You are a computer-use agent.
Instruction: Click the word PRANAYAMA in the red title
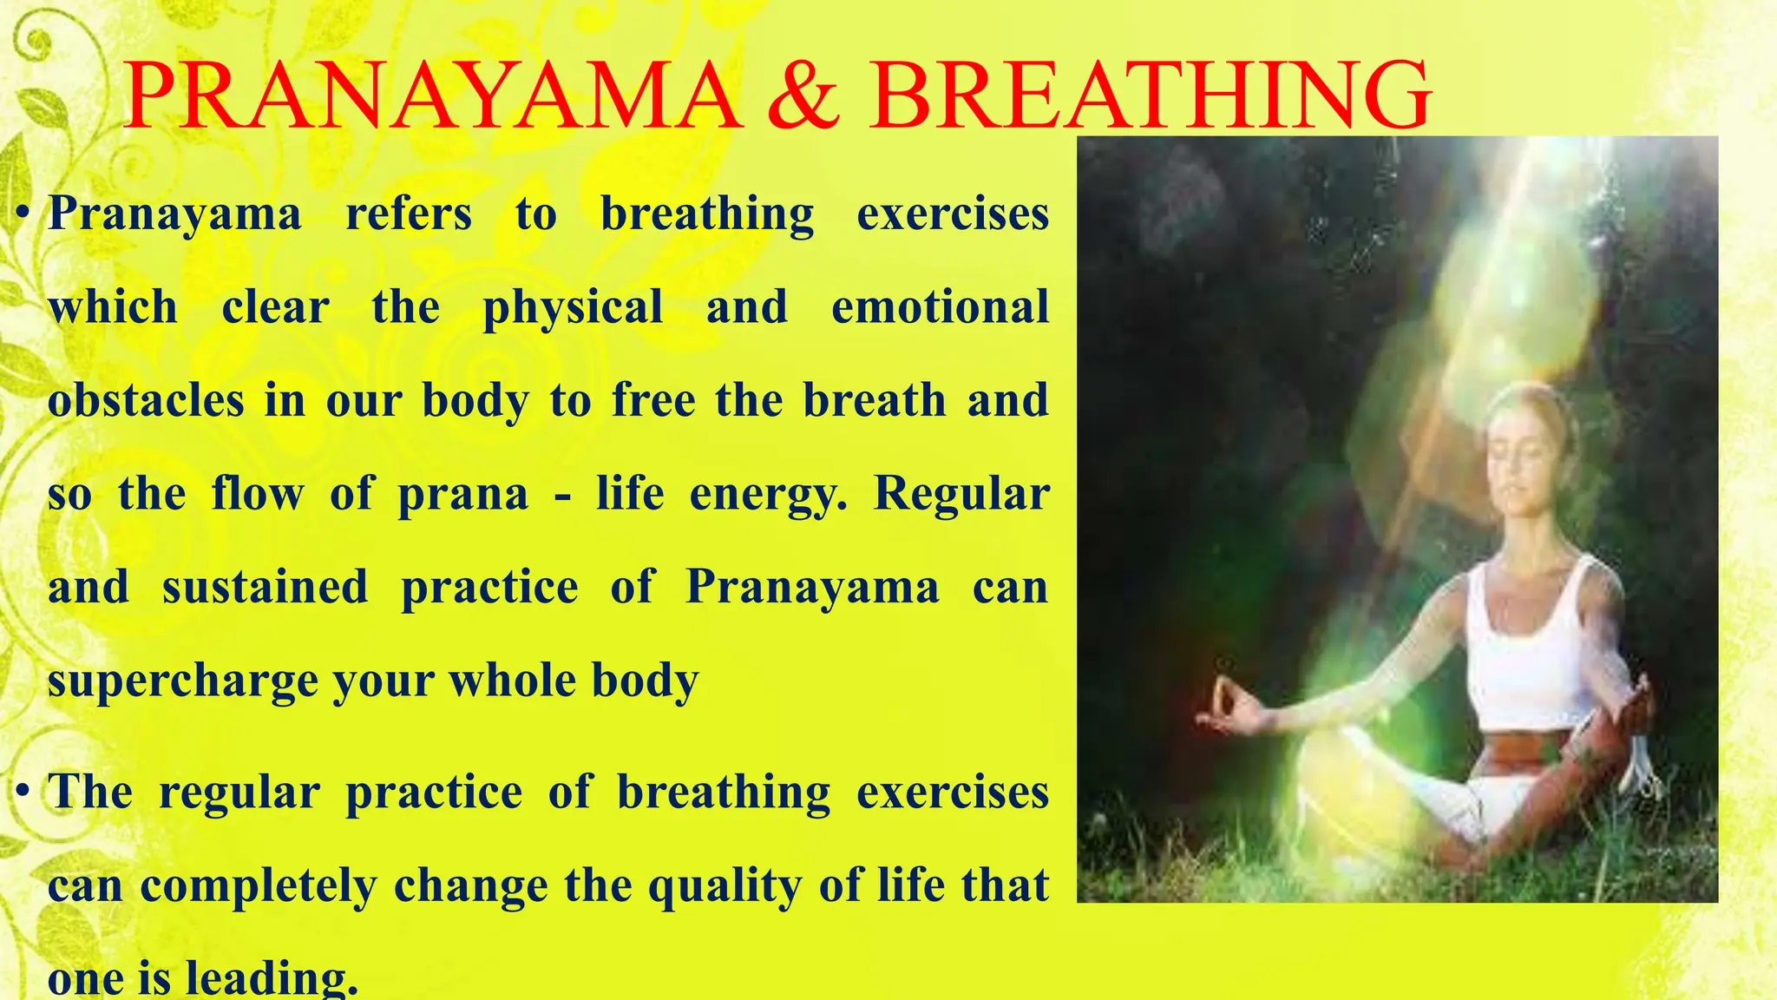click(x=431, y=95)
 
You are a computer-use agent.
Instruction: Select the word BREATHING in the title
click(x=1151, y=95)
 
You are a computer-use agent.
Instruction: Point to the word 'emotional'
click(x=940, y=307)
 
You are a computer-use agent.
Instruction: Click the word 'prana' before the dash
click(x=462, y=495)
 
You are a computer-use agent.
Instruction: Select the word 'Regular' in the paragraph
click(x=961, y=495)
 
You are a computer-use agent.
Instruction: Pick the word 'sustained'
click(x=265, y=588)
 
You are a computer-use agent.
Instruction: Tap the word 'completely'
click(x=259, y=886)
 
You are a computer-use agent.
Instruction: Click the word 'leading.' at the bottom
click(x=272, y=979)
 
